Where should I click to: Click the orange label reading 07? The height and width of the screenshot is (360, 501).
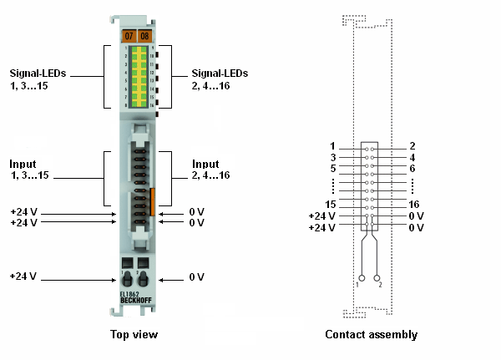click(x=128, y=36)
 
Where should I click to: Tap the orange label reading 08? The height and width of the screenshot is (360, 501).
click(x=144, y=36)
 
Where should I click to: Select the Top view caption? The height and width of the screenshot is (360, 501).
click(x=134, y=335)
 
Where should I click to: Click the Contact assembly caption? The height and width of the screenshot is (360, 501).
click(x=372, y=335)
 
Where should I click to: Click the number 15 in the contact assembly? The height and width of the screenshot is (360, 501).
click(x=331, y=204)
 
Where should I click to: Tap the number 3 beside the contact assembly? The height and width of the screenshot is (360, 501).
click(x=332, y=157)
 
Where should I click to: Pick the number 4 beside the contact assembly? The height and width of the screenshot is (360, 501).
click(x=412, y=157)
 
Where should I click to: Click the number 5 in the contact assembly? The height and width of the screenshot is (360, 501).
click(x=332, y=168)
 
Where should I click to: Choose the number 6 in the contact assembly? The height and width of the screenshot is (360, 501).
click(x=412, y=168)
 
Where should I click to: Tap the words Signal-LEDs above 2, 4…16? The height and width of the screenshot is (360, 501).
click(x=220, y=73)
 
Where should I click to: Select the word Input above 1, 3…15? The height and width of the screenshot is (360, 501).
click(x=23, y=164)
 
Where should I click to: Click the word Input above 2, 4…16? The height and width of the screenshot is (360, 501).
click(x=205, y=164)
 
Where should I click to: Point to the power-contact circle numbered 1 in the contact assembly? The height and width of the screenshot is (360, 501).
click(x=362, y=277)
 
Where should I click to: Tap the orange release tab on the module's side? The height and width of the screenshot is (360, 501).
click(x=153, y=201)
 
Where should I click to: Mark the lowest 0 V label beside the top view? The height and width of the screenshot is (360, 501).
click(x=197, y=276)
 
